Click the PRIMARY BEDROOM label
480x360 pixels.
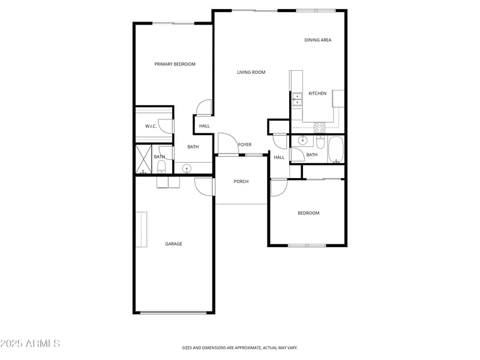[x=175, y=64]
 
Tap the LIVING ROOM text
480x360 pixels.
[x=251, y=73]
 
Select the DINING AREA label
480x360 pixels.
[x=317, y=40]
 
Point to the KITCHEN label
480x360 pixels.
[x=317, y=94]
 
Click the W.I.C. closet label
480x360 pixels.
[x=151, y=126]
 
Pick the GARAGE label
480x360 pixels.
[x=173, y=244]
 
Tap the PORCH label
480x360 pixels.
[x=241, y=181]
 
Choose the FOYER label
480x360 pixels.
[x=245, y=145]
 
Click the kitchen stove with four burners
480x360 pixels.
[x=320, y=127]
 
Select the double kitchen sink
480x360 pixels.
[x=296, y=99]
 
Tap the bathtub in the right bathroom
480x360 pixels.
[x=336, y=150]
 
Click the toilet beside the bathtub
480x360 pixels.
[x=320, y=144]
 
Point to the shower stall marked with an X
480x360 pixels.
[x=144, y=160]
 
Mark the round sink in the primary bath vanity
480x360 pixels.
[x=186, y=168]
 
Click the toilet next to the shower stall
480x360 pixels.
[x=161, y=167]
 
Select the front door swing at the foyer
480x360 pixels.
[x=227, y=143]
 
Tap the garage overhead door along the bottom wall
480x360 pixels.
[x=174, y=312]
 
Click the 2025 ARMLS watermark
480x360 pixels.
[x=30, y=344]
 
